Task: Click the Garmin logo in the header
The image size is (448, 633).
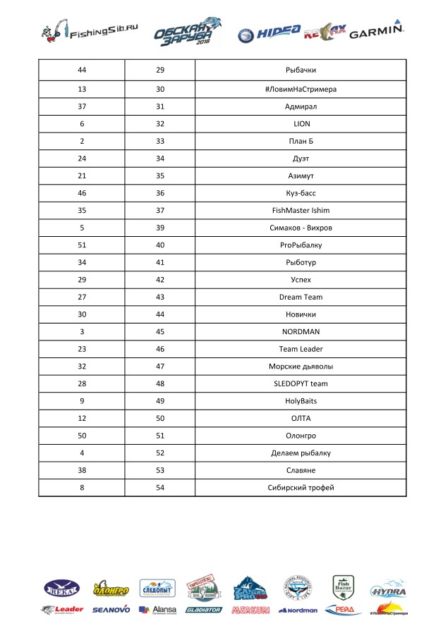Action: [376, 32]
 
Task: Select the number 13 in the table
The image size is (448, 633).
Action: [81, 90]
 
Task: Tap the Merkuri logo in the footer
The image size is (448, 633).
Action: [250, 610]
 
